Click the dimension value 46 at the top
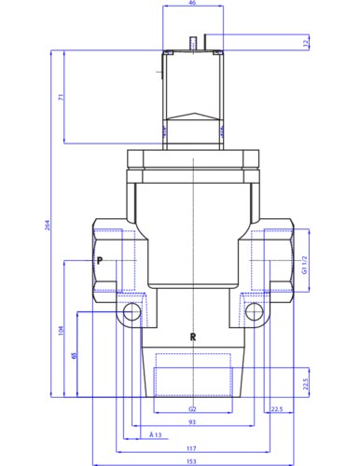coord(193,5)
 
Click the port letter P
coord(99,262)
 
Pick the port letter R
coord(192,337)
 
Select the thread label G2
coord(192,407)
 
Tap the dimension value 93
coord(192,422)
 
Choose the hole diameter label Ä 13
coord(155,435)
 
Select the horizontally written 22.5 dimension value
coord(275,407)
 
